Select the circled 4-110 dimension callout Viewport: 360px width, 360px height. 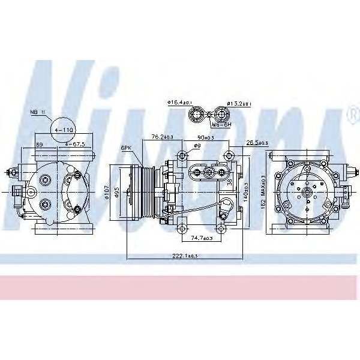pyautogui.click(x=64, y=129)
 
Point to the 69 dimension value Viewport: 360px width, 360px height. pyautogui.click(x=40, y=145)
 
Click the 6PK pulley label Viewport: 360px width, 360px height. pyautogui.click(x=125, y=148)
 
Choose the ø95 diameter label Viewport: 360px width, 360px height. pyautogui.click(x=118, y=193)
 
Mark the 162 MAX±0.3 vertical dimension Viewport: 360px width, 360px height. pyautogui.click(x=263, y=193)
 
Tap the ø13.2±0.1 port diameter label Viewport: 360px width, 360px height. pyautogui.click(x=239, y=103)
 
